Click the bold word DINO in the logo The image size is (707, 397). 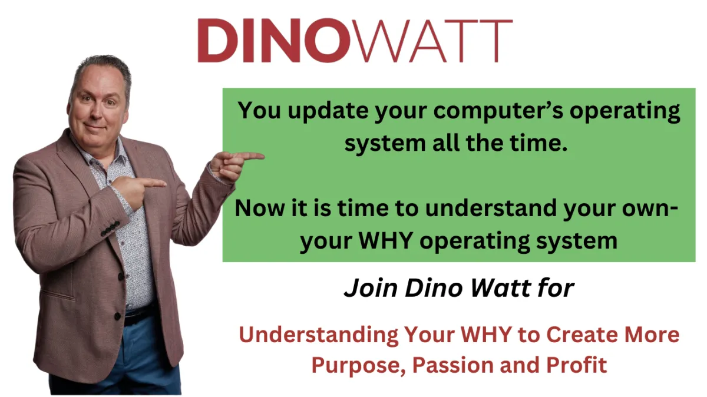[274, 40]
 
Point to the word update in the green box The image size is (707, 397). [328, 111]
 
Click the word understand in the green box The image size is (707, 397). [491, 208]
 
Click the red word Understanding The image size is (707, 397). [319, 335]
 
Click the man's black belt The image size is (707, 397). [139, 314]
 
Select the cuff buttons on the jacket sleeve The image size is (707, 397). [110, 229]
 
